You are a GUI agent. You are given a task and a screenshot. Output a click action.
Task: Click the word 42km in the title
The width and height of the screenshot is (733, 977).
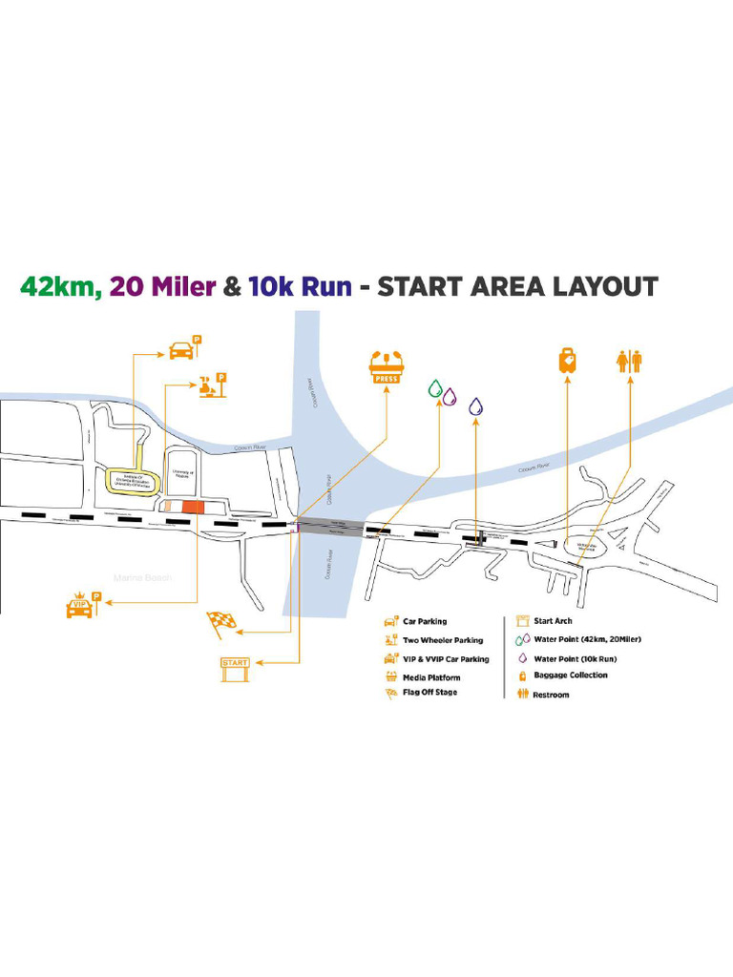coord(58,286)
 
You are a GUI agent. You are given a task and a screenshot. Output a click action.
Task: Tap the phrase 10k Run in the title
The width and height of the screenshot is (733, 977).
coord(300,286)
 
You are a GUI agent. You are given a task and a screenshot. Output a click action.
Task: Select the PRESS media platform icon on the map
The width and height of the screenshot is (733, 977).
coord(387,367)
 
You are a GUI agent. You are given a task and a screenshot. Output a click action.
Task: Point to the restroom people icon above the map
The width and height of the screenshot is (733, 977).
coord(630,362)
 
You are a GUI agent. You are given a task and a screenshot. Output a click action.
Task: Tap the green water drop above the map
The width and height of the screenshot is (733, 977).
coord(435,389)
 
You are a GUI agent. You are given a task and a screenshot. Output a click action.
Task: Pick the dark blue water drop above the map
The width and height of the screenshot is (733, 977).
coord(476,406)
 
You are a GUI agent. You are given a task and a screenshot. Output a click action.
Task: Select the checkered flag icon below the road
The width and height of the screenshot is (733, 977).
coord(221,622)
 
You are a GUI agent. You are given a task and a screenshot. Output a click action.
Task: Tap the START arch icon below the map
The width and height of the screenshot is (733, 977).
coord(235,668)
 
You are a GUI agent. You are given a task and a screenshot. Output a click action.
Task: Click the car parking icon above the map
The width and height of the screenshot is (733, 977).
coord(181,349)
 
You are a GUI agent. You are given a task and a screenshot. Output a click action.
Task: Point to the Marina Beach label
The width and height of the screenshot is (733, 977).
coord(141,578)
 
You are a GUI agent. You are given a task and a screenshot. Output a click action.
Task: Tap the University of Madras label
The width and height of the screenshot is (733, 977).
coord(182,473)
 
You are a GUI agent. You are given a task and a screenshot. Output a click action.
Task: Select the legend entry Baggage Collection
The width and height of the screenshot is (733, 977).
coord(570,676)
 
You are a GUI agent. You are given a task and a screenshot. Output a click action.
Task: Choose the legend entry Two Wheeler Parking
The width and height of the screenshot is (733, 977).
coord(442,640)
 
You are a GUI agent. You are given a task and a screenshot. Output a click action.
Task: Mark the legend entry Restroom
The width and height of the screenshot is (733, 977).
coord(551,695)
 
